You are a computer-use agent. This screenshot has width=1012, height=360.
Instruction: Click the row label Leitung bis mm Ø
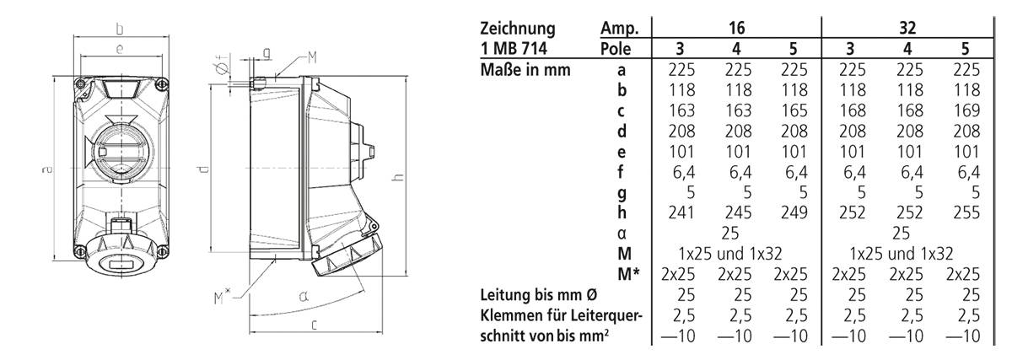pos(547,295)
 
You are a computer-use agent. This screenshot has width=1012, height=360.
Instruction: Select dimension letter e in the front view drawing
pos(121,51)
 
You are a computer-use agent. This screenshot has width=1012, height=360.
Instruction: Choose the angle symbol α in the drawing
pos(300,296)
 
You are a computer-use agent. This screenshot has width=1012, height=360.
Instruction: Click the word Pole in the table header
pos(617,49)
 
